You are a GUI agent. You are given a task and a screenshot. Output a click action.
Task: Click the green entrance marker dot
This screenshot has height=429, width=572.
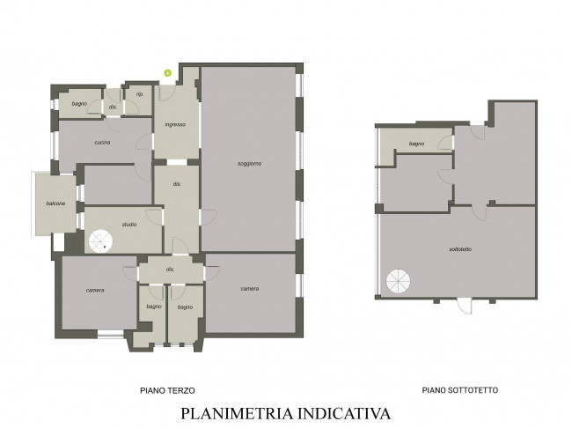[x=168, y=73]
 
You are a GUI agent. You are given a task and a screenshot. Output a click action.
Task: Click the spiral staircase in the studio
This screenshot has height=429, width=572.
[x=100, y=241]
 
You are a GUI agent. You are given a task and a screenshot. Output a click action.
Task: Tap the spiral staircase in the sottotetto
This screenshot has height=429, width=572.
[x=399, y=282]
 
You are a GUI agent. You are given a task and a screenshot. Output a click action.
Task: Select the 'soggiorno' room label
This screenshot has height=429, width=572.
[x=250, y=164]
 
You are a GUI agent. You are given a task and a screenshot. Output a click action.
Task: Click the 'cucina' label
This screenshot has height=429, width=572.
[x=102, y=143]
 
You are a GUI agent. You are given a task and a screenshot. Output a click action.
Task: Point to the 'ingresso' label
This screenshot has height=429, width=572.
[x=175, y=124]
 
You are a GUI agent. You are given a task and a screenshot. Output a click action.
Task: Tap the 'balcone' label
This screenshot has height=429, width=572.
[x=55, y=203]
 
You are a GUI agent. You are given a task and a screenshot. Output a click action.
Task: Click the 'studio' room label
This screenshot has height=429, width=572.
[x=129, y=224]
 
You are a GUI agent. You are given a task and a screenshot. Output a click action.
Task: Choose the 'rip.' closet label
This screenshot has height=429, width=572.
[x=140, y=94]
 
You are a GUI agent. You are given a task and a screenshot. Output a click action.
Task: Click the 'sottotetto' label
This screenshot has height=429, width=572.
[x=460, y=249]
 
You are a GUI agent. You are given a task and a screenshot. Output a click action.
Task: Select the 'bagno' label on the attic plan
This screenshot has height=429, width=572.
[x=416, y=144]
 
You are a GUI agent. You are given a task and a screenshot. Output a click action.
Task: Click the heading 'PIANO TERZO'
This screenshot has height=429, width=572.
[x=167, y=390]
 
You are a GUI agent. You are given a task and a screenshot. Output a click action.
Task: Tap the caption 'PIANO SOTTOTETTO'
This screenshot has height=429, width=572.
[x=460, y=390]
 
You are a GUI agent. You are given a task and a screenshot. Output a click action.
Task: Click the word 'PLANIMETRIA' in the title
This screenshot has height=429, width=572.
[x=237, y=414]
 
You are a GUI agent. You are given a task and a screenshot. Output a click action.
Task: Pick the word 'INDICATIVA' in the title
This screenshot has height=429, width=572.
[x=344, y=414]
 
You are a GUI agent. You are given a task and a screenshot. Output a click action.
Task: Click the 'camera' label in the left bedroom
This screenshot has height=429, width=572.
[x=95, y=291]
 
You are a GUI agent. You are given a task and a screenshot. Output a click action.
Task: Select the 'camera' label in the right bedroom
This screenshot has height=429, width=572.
[x=250, y=288]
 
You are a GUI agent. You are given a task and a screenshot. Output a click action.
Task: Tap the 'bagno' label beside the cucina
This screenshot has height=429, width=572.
[x=79, y=104]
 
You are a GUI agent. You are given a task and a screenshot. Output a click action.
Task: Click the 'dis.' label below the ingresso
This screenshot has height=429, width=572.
[x=177, y=184]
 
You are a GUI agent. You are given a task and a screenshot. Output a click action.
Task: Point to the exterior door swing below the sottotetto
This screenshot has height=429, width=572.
[x=465, y=306]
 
